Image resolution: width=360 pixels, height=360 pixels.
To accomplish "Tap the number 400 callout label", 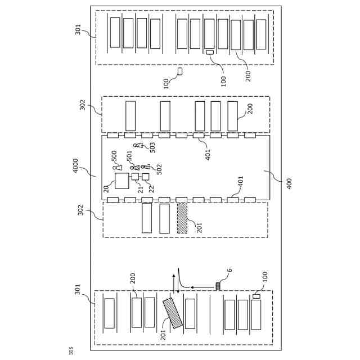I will pos(289,183).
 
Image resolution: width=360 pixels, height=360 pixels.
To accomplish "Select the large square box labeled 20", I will pos(122,181).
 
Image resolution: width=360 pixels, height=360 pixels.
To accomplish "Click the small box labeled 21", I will pos(135,177).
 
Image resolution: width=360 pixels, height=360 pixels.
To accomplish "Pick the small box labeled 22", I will pos(145,177).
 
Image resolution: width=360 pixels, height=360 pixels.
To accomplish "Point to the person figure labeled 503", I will pos(137,145).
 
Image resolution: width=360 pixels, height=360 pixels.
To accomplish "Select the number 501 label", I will pos(129,156).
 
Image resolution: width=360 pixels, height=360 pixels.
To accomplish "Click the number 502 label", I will pos(159,169).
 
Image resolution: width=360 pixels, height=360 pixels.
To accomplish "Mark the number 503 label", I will pos(152,147).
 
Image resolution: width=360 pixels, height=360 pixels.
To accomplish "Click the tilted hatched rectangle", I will pos(173,313).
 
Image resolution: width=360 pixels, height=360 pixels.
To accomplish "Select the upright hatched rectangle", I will pos(182,218).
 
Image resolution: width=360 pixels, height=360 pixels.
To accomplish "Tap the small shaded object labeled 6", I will pos(218,286).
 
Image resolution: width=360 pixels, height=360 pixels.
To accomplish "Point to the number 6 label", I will pos(229,271).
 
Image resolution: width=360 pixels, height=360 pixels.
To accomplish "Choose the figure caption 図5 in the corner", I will pos(71,352).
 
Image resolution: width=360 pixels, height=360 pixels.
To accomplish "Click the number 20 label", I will pos(106,188).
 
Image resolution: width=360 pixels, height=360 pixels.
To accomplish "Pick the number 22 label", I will pos(151,188).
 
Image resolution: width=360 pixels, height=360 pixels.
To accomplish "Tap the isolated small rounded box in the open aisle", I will pos(180,71).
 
